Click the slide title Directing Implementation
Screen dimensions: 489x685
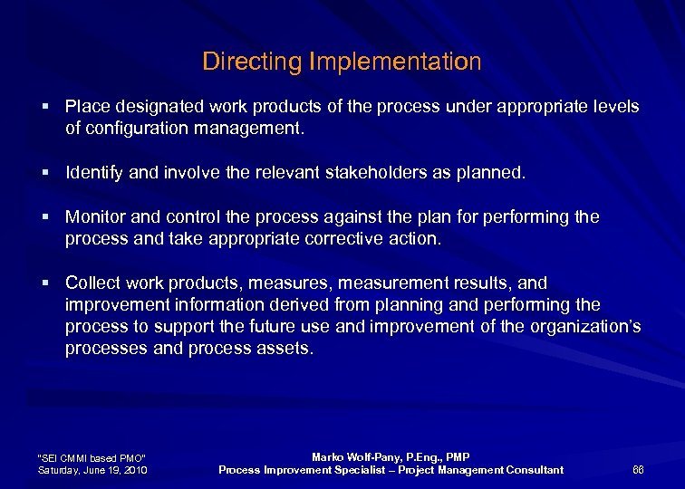coord(342,62)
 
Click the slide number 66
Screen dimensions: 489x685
coord(638,469)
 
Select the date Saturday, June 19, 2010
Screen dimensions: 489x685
coord(92,470)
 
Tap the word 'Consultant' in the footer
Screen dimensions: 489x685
coord(533,469)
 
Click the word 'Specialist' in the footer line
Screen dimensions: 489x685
coord(368,469)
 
